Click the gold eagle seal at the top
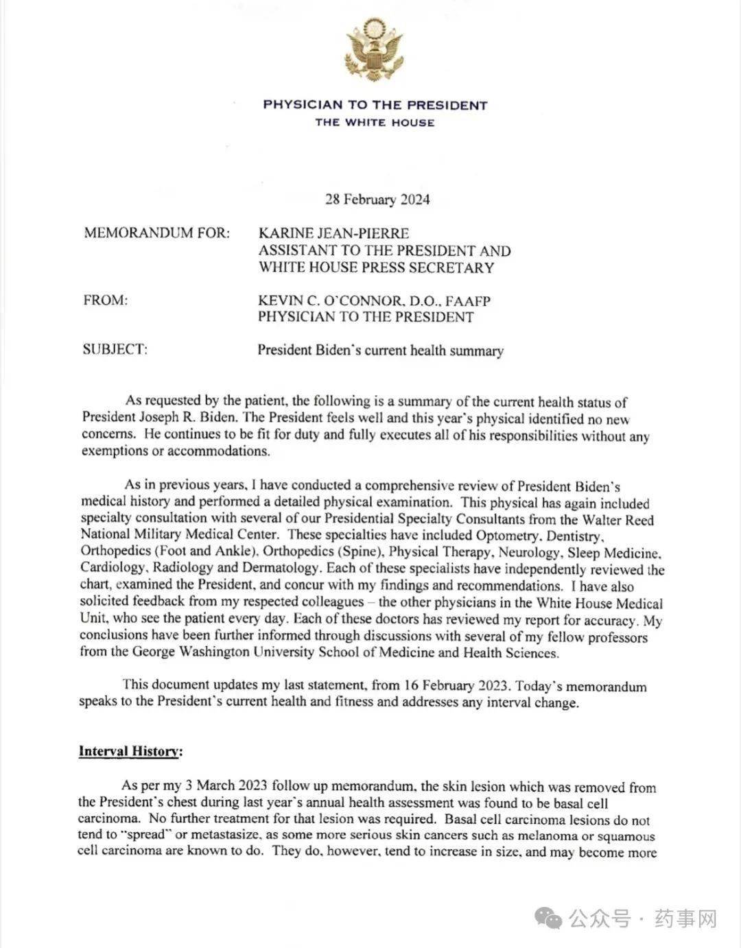pos(375,49)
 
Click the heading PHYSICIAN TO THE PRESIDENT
pos(375,106)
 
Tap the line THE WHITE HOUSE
pos(375,123)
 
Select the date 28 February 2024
pos(377,200)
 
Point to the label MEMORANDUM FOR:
pos(156,233)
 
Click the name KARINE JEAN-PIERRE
pos(333,234)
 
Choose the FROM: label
pos(106,300)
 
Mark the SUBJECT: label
pos(115,349)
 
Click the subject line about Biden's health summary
pos(380,351)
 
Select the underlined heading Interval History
pos(130,751)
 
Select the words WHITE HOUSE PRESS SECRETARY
pos(376,268)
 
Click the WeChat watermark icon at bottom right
pos(550,918)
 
